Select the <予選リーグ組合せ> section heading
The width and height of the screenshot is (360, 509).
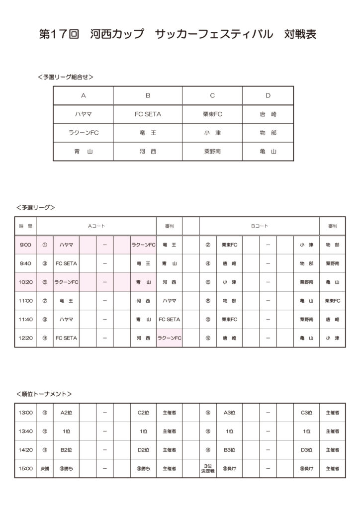pos(65,77)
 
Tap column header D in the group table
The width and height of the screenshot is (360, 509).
pos(268,95)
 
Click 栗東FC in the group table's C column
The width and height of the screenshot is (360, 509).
pos(212,114)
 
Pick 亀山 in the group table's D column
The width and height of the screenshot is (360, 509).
pos(268,152)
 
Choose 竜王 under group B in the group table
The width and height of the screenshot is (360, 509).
pos(148,133)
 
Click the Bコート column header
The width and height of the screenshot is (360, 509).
pos(259,226)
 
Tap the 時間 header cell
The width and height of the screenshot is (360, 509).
pos(25,226)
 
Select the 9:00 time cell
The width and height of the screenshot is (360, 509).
pos(25,245)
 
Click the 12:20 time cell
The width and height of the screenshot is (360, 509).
pos(25,338)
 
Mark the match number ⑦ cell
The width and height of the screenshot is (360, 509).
pos(45,301)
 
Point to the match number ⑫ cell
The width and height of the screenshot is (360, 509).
pos(208,338)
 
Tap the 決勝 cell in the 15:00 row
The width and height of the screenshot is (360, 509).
pos(45,468)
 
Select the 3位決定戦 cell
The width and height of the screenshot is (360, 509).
pos(208,468)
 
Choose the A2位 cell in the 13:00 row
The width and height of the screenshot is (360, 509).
pos(66,413)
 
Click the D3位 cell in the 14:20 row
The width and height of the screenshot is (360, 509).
pos(306,450)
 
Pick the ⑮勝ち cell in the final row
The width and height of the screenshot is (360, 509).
pos(66,468)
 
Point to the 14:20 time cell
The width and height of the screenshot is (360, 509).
pos(25,450)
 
